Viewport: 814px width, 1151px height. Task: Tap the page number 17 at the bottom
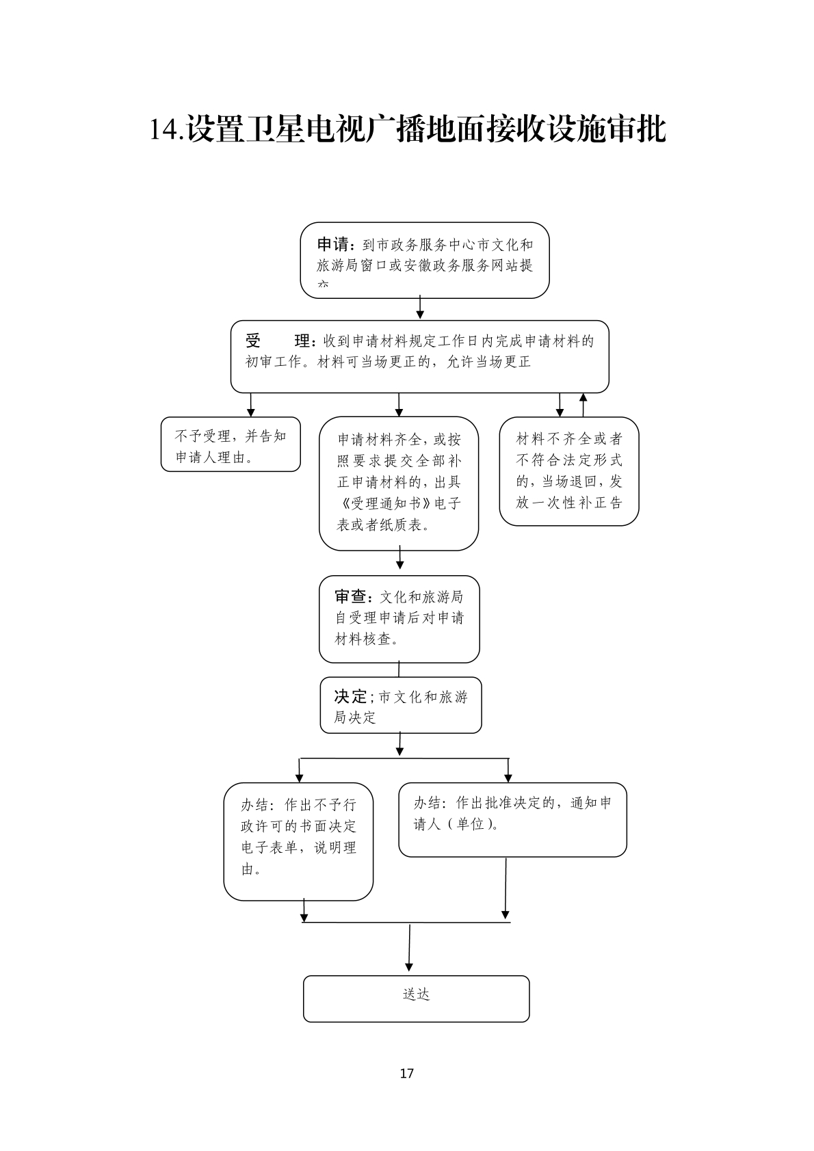pyautogui.click(x=406, y=1073)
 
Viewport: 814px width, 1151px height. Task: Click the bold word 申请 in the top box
pyautogui.click(x=334, y=244)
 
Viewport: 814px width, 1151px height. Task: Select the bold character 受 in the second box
pyautogui.click(x=254, y=341)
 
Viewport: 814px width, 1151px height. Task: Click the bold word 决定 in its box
pyautogui.click(x=351, y=696)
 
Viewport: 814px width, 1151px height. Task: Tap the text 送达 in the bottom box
pyautogui.click(x=416, y=994)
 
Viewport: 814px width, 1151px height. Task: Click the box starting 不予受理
pyautogui.click(x=231, y=445)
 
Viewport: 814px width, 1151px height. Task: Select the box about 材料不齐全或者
pyautogui.click(x=568, y=471)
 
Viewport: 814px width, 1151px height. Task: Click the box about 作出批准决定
pyautogui.click(x=512, y=819)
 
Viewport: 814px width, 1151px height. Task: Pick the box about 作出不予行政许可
pyautogui.click(x=298, y=841)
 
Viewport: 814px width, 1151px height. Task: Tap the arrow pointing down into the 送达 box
pyautogui.click(x=409, y=951)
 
